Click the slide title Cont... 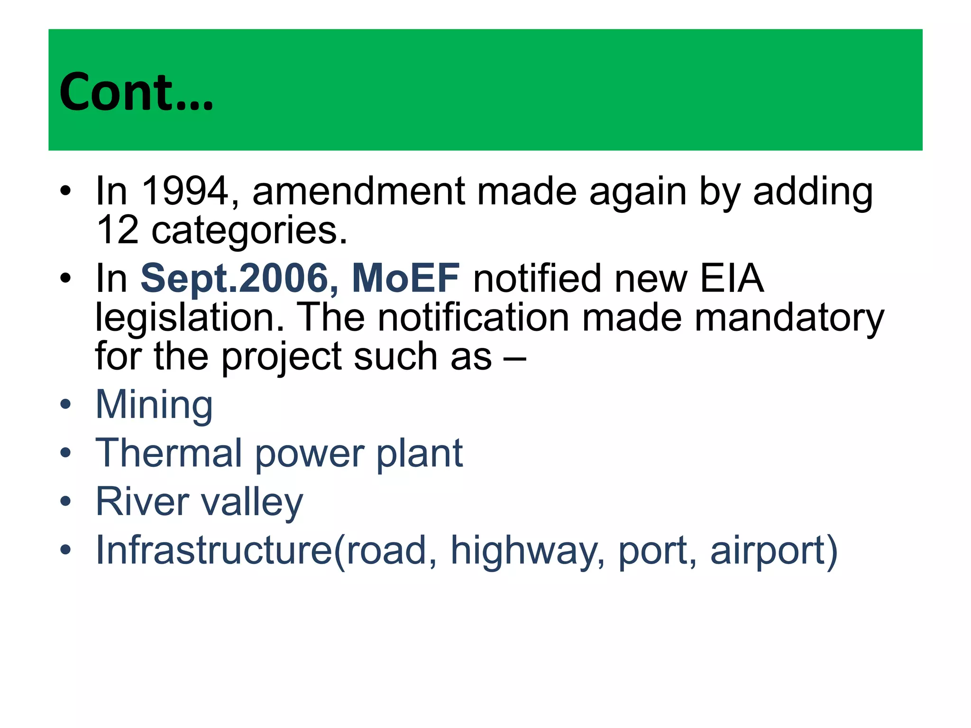click(x=136, y=92)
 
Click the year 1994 click(x=185, y=191)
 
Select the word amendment click(x=358, y=191)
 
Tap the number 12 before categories click(x=117, y=230)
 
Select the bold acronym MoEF click(x=405, y=278)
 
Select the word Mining click(x=154, y=406)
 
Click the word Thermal click(x=169, y=453)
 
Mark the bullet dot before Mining click(x=65, y=405)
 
